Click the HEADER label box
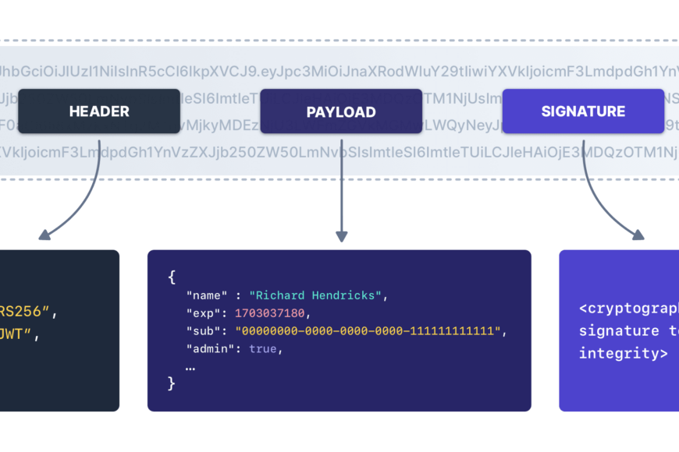click(99, 111)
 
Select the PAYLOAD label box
click(341, 112)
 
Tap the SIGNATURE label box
click(583, 111)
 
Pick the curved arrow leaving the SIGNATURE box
click(605, 199)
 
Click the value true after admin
click(263, 349)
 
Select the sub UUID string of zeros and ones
click(368, 331)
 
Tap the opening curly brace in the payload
click(172, 277)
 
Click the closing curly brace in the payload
click(172, 383)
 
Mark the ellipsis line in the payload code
click(190, 365)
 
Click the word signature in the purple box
click(608, 331)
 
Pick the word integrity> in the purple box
click(623, 353)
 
